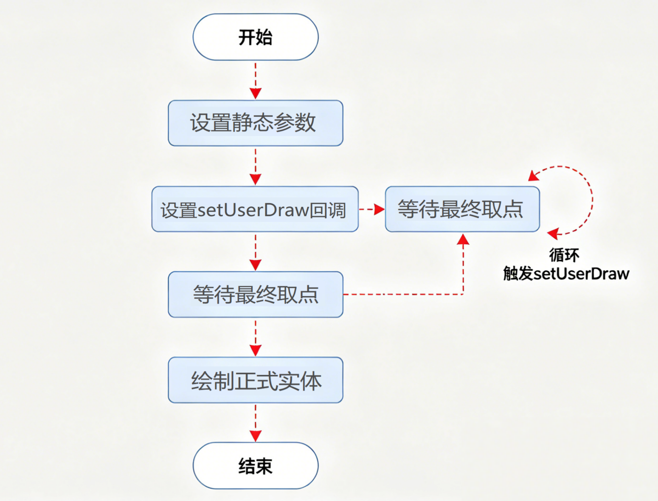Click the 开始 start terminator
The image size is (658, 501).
pyautogui.click(x=255, y=37)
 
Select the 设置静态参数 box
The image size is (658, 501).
pyautogui.click(x=255, y=123)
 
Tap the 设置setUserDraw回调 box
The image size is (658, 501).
pyautogui.click(x=255, y=209)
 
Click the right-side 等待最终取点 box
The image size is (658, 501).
pyautogui.click(x=462, y=209)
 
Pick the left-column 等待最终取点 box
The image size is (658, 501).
pyautogui.click(x=255, y=295)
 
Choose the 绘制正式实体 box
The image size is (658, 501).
pyautogui.click(x=255, y=380)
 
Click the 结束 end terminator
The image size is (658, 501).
pyautogui.click(x=255, y=466)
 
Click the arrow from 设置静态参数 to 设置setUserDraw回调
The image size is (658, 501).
pyautogui.click(x=255, y=166)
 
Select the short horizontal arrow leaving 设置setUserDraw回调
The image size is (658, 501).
pyautogui.click(x=371, y=209)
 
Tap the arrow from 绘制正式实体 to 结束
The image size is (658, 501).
pyautogui.click(x=255, y=423)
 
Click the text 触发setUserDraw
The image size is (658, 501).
pyautogui.click(x=566, y=274)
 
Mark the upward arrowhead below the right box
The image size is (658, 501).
pyautogui.click(x=463, y=239)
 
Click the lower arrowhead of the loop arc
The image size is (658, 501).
pyautogui.click(x=553, y=233)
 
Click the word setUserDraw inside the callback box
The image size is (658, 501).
pyautogui.click(x=253, y=210)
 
